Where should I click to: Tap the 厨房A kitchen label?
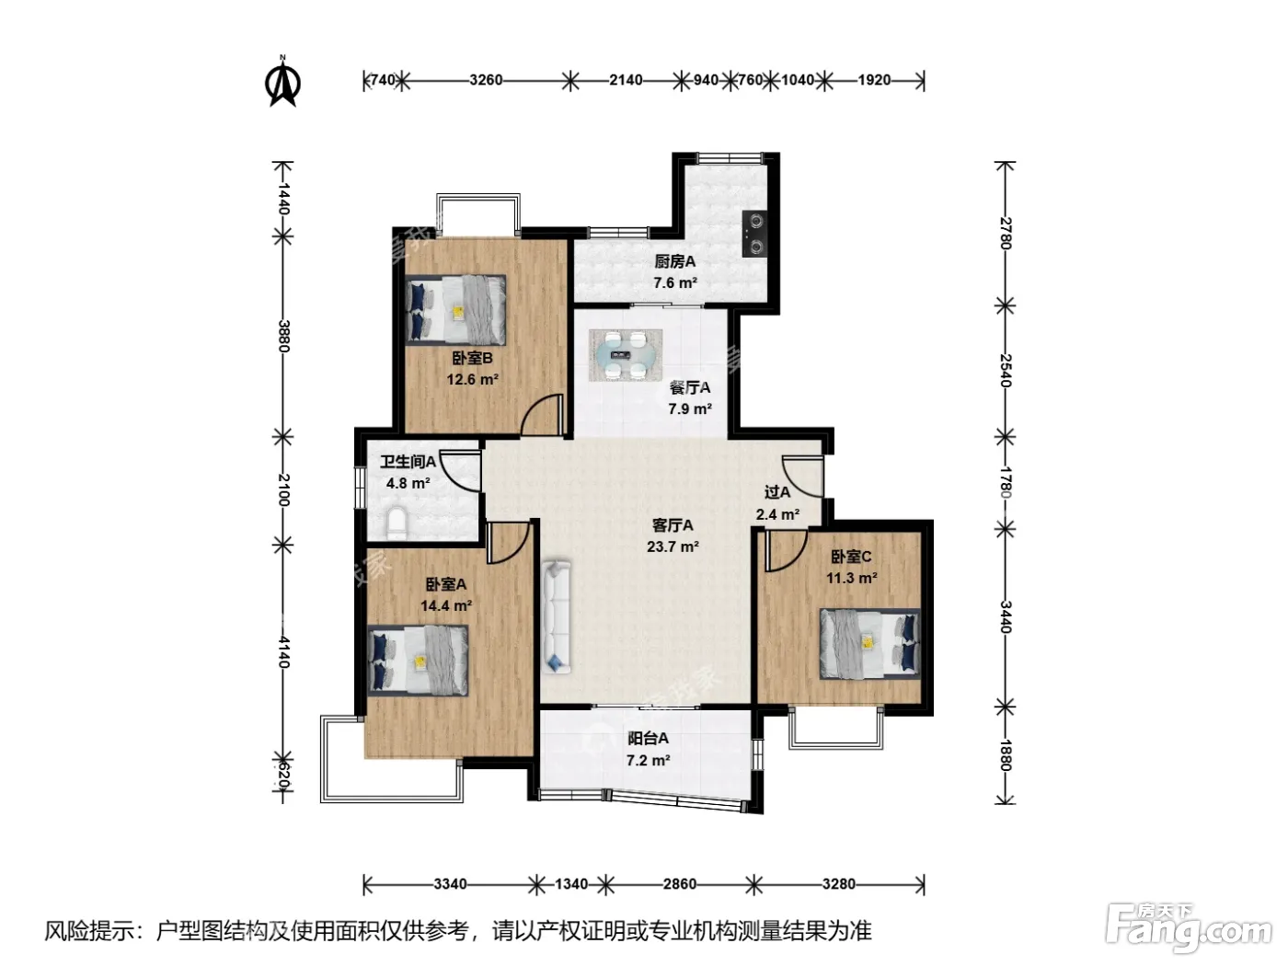[674, 261]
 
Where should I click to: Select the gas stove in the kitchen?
[756, 234]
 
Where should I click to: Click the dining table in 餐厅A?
[626, 354]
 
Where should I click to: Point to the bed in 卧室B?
[455, 309]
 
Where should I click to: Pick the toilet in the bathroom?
[397, 523]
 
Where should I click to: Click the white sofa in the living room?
[557, 616]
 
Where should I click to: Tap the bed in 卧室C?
[869, 643]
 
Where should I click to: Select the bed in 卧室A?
[418, 660]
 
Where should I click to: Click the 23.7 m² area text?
[673, 546]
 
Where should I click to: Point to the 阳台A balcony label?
[649, 739]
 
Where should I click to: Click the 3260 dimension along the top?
[486, 80]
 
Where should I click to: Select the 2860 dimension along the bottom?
[680, 883]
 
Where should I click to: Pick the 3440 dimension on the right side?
[1006, 617]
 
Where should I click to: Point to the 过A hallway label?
[776, 492]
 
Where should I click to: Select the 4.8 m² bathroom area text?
[408, 483]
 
